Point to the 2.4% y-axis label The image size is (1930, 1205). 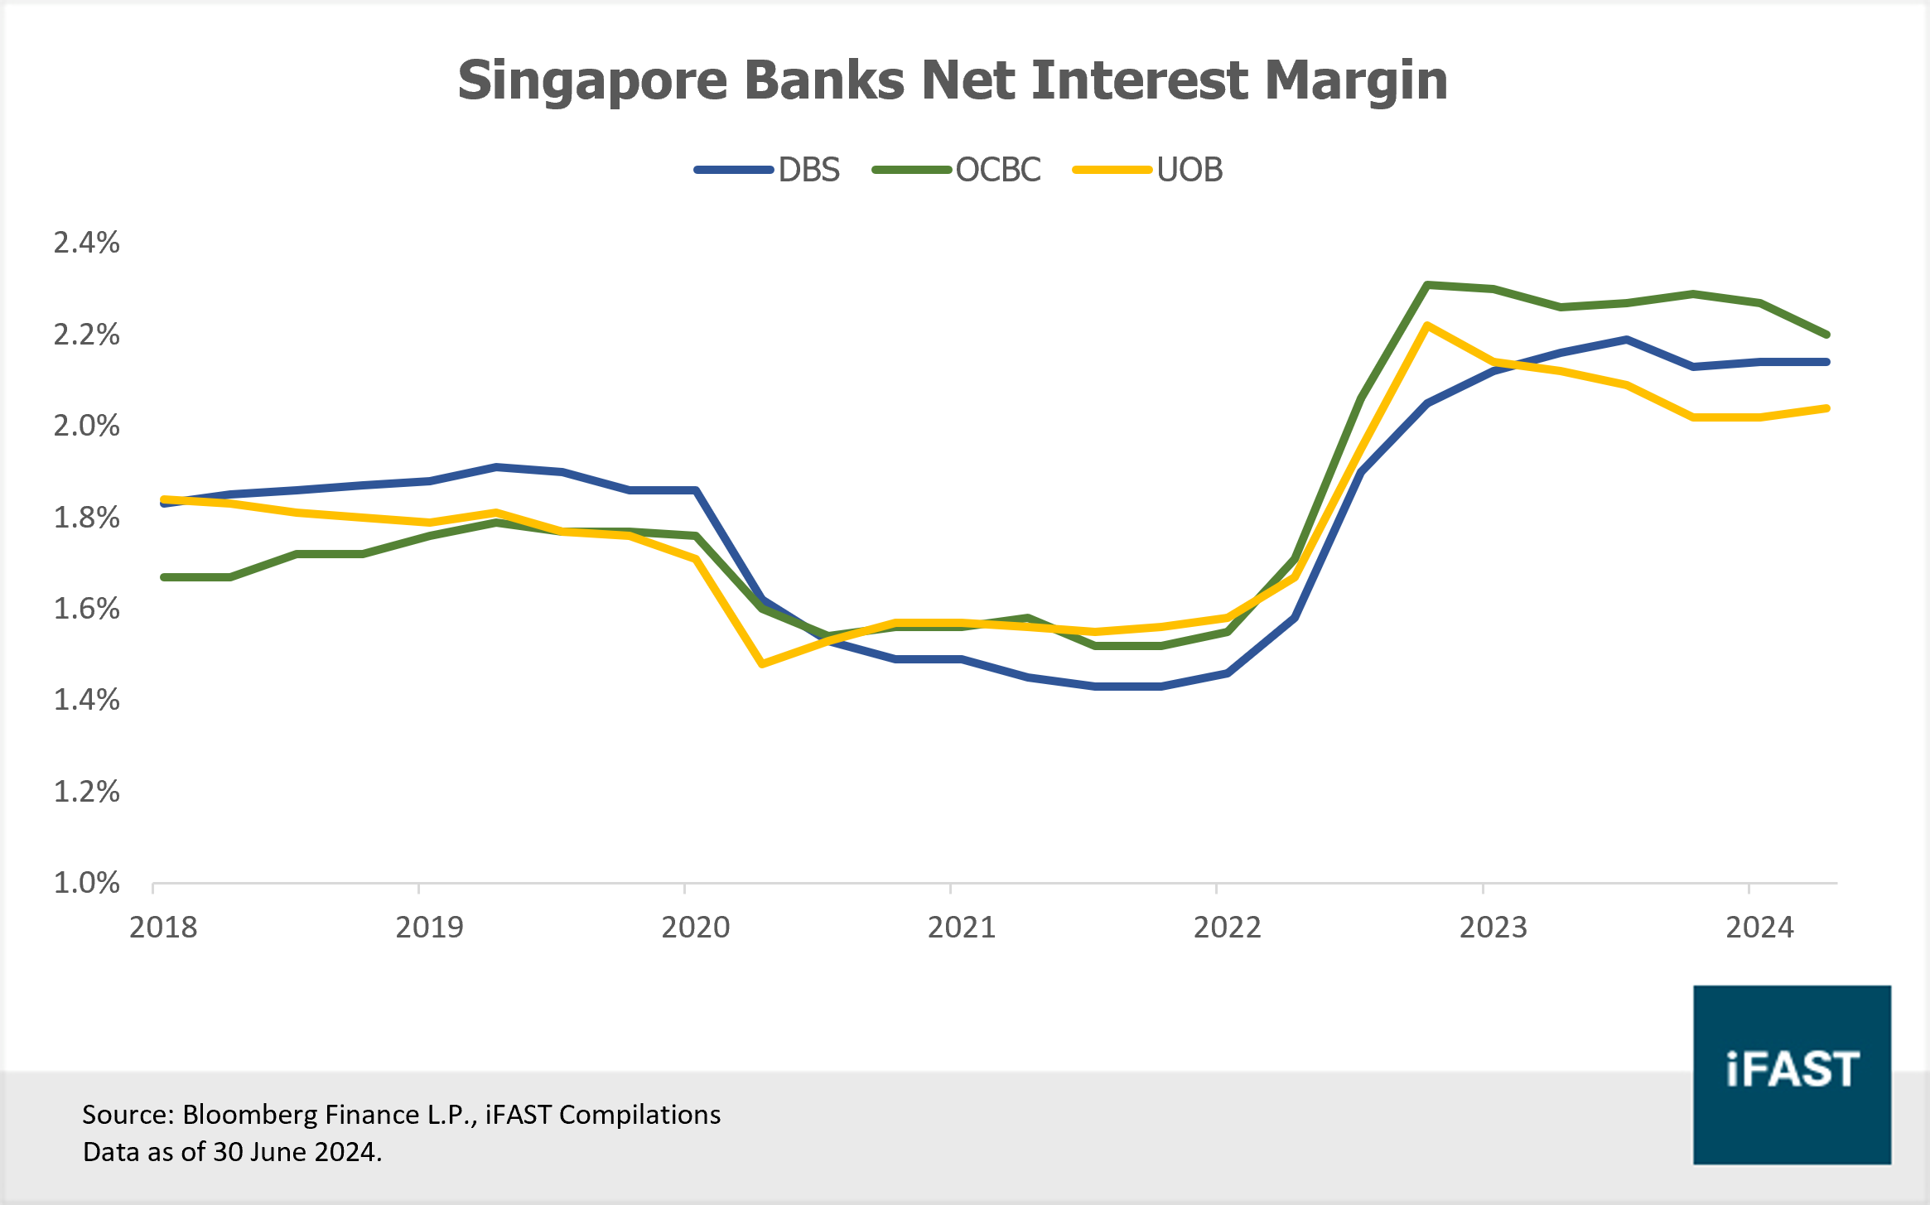coord(86,243)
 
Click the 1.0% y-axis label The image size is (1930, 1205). coord(86,883)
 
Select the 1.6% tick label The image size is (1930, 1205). coord(86,609)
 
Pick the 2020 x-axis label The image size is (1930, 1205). coord(695,927)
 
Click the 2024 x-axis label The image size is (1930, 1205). coord(1759,927)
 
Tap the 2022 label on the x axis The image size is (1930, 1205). coord(1227,927)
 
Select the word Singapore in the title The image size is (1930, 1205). coord(592,81)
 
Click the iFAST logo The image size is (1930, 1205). coord(1792,1074)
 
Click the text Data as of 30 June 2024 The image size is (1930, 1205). coord(232,1152)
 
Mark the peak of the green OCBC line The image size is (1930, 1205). coord(1427,285)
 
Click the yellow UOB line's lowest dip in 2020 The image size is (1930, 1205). coord(762,663)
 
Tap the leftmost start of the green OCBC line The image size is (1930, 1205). coord(164,576)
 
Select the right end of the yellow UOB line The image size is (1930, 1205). coord(1826,408)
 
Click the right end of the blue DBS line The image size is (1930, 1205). coord(1826,362)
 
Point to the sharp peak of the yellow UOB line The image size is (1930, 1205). coord(1427,325)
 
